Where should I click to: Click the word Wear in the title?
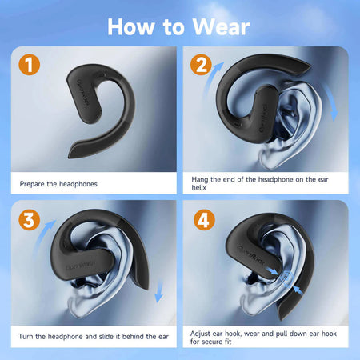221,27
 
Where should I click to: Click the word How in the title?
131,27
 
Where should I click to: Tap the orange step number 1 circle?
30,65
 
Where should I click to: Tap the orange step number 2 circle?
201,65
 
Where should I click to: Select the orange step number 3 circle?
30,220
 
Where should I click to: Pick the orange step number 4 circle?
204,220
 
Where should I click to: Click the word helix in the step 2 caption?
199,188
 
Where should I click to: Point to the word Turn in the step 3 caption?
26,337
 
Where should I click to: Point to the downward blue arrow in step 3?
159,291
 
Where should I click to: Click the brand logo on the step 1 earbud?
83,93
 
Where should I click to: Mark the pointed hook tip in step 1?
70,157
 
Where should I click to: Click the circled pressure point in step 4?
286,278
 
